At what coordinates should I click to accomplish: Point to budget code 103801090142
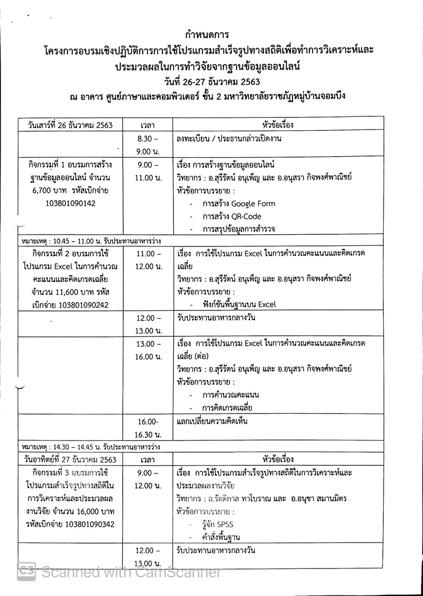pyautogui.click(x=70, y=203)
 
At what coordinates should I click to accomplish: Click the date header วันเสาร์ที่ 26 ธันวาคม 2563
pyautogui.click(x=70, y=125)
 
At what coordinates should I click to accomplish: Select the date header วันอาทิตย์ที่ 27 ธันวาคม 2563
pyautogui.click(x=70, y=460)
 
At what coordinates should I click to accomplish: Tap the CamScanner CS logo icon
pyautogui.click(x=26, y=571)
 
